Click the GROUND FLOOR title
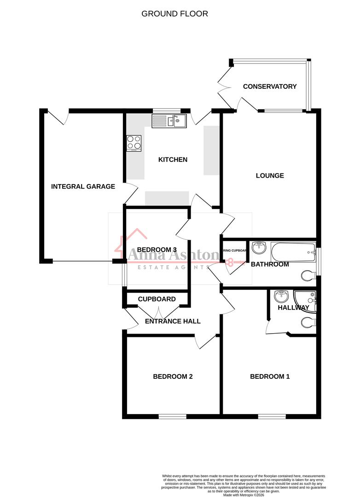[x=174, y=14]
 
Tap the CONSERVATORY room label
[x=270, y=87]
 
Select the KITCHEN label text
[x=173, y=160]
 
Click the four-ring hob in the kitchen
[x=134, y=143]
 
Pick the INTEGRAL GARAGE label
[x=83, y=186]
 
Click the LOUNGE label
[x=270, y=175]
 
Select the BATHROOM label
[x=270, y=264]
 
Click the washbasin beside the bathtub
[x=260, y=247]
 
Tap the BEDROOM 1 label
[x=270, y=376]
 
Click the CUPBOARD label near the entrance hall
[x=157, y=299]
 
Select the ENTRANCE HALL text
[x=173, y=321]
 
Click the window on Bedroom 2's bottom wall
[x=173, y=416]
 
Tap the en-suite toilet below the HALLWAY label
[x=308, y=322]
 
